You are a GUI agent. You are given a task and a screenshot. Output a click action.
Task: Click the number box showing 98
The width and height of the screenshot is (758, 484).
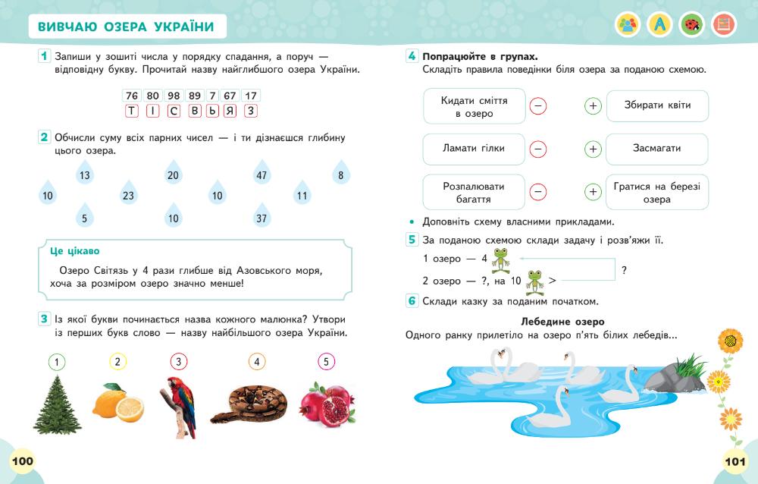coord(174,96)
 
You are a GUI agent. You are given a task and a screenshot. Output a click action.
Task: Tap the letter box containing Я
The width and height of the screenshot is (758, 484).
coord(230,111)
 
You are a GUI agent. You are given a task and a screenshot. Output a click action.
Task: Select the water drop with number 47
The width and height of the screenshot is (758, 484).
coord(262,175)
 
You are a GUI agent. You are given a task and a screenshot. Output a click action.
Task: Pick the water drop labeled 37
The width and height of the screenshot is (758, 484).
coord(262,218)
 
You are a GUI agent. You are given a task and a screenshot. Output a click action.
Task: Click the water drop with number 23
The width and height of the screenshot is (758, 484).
coord(128,196)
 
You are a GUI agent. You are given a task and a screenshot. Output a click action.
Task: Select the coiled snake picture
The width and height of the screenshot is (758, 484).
coord(249,402)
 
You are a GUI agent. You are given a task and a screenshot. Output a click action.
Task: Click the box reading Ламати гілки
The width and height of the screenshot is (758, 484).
coord(474,149)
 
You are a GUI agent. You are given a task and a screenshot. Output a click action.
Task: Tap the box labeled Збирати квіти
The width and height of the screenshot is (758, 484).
coord(657,105)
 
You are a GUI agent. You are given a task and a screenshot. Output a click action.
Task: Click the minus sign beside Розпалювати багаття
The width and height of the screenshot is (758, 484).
coord(538,192)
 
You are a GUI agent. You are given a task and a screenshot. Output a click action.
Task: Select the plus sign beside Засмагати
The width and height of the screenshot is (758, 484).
coord(593,149)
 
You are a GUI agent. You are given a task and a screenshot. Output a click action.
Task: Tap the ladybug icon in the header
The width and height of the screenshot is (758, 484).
coord(691,25)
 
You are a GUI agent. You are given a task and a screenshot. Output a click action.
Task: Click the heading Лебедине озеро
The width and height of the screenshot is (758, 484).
coord(563,322)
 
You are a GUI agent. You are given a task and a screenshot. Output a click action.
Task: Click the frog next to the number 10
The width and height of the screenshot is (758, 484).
coord(536,280)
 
